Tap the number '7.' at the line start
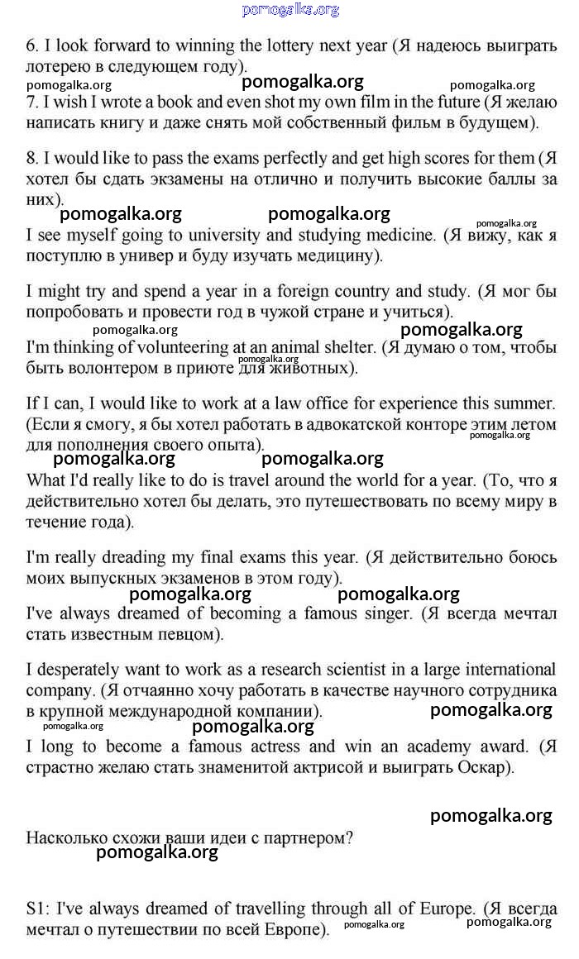click(33, 103)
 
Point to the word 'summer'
click(524, 404)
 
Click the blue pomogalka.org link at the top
click(290, 10)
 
